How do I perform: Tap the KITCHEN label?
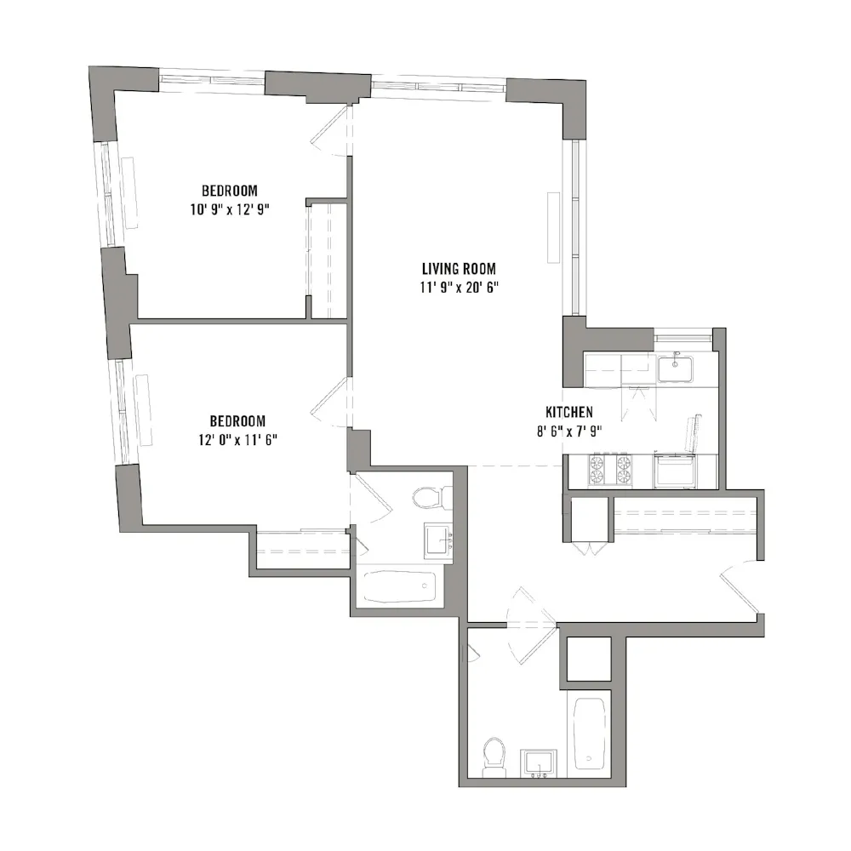coord(569,412)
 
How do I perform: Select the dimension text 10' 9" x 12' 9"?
coord(230,208)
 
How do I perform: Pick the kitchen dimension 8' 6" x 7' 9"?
coord(569,431)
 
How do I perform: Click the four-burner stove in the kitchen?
coord(609,470)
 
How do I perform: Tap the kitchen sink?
coord(675,368)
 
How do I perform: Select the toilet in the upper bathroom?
coord(424,496)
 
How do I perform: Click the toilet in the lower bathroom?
coord(494,756)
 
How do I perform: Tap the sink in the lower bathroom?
coord(539,763)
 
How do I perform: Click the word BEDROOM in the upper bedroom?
coord(230,190)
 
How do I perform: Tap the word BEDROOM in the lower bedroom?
coord(237,421)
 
